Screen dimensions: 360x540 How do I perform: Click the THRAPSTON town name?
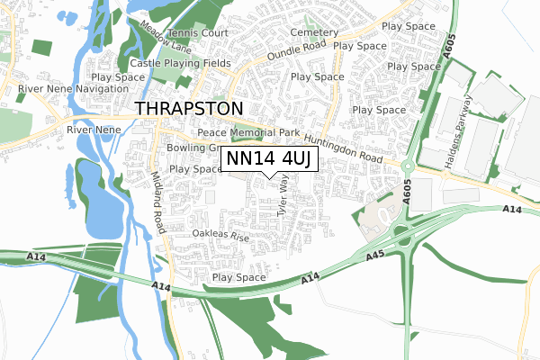pos(189,109)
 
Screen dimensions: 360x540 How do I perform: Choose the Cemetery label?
pos(314,31)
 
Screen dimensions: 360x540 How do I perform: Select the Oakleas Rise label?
pos(220,236)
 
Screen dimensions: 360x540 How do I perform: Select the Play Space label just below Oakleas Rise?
pos(238,277)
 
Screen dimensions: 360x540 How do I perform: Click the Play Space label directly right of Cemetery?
pos(360,44)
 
